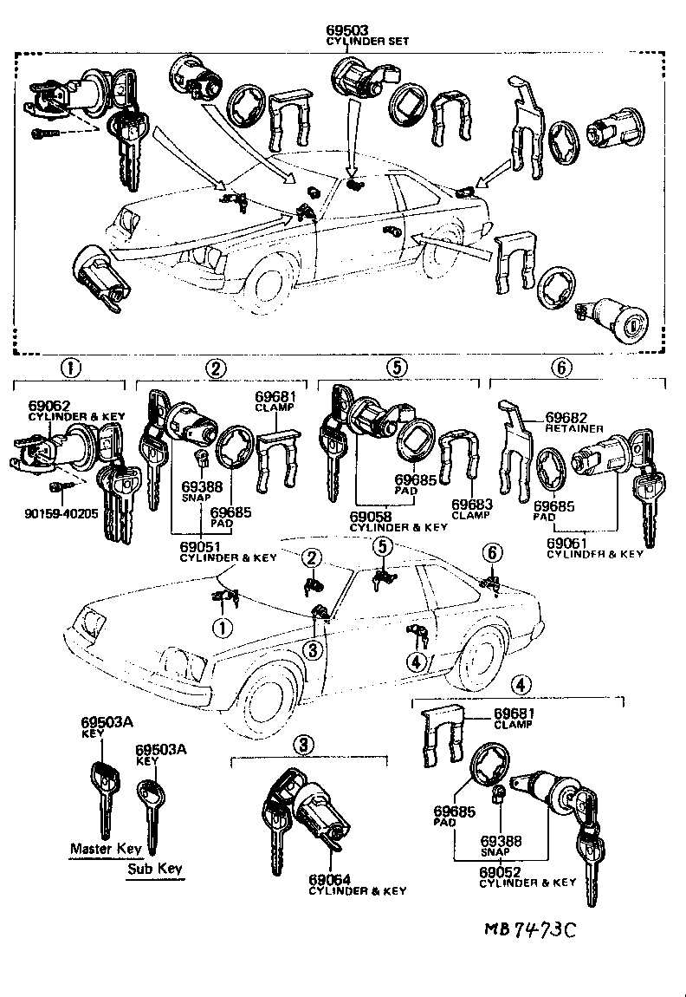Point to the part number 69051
pyautogui.click(x=199, y=547)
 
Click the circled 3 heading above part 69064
pyautogui.click(x=302, y=743)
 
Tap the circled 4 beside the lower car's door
pyautogui.click(x=416, y=662)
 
